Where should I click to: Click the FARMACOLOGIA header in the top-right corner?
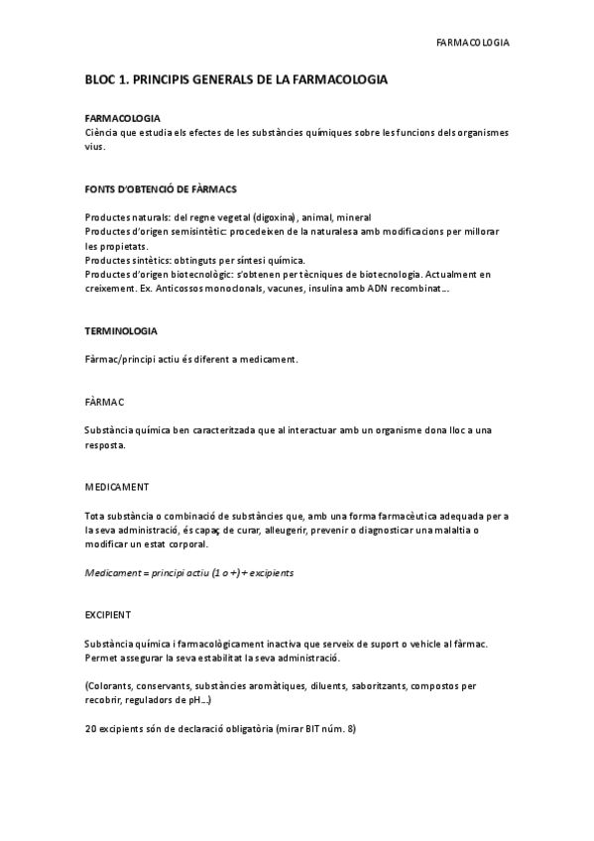pos(473,43)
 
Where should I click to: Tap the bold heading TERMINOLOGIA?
pos(121,330)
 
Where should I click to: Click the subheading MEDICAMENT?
pos(117,487)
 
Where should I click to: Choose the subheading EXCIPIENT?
pos(108,615)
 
